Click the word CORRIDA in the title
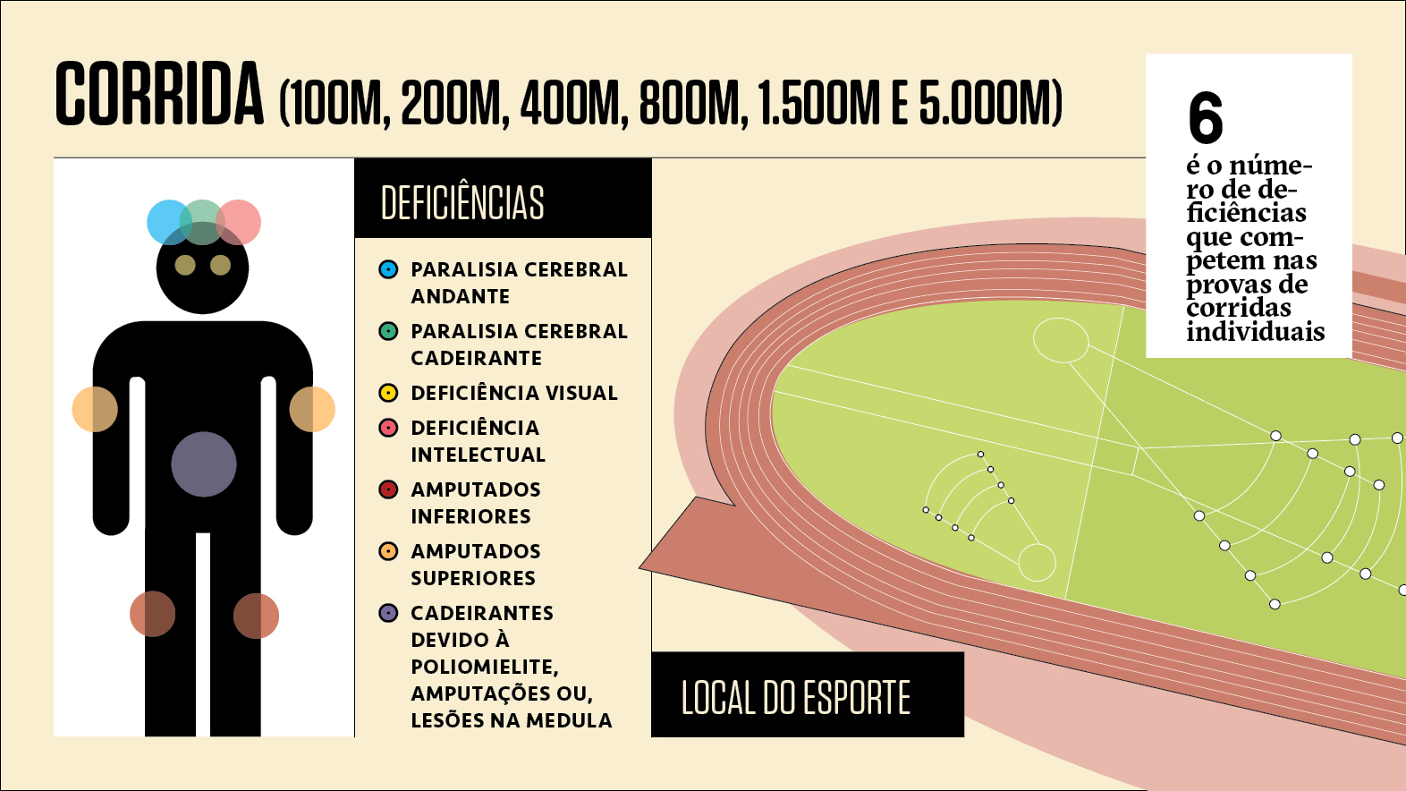(159, 95)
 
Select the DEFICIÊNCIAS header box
(503, 200)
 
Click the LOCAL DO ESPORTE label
(796, 697)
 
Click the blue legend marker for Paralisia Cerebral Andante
(388, 269)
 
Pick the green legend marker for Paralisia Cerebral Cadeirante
(388, 331)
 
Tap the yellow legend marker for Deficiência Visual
(388, 393)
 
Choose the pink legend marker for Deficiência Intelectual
(388, 428)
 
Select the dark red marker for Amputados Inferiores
(388, 489)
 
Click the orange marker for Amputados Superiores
(388, 551)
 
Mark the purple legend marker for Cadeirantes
(388, 613)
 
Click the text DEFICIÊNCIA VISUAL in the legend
(514, 393)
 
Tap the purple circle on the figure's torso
(204, 464)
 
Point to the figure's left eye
(185, 265)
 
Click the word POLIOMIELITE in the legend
(484, 667)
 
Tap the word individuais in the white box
(1255, 332)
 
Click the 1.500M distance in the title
(819, 103)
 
